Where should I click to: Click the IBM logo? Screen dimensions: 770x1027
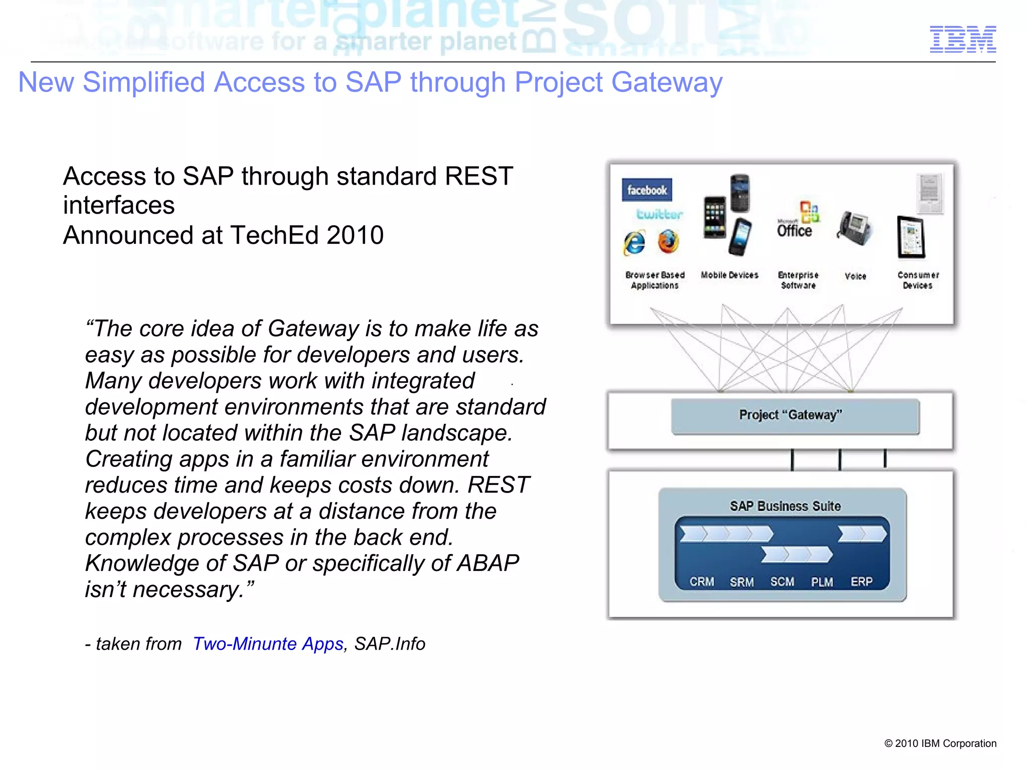click(963, 39)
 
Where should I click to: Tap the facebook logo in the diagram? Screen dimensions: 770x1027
click(646, 190)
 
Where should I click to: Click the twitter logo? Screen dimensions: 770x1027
click(659, 215)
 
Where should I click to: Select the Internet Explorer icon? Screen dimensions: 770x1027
click(634, 243)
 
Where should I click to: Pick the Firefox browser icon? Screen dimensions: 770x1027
click(668, 242)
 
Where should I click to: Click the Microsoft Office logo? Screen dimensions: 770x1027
click(798, 221)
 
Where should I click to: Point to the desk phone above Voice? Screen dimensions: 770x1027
click(854, 228)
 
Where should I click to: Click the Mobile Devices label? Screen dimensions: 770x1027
click(729, 275)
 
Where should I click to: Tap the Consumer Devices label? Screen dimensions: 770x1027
click(918, 280)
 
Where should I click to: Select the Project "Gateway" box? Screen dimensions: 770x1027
click(795, 416)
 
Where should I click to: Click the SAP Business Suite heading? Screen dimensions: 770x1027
click(785, 506)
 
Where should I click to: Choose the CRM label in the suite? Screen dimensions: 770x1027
click(702, 581)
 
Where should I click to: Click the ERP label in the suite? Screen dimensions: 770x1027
click(862, 581)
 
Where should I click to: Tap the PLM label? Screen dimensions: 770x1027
click(822, 582)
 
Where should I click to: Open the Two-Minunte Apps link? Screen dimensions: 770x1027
click(268, 644)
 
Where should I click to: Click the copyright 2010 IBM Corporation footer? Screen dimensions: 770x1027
click(940, 743)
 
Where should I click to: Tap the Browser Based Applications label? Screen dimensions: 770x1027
click(654, 280)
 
